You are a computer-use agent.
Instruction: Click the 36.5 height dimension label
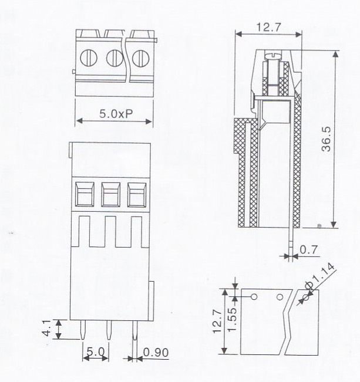(x=326, y=139)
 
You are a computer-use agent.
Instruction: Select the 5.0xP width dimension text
(x=116, y=113)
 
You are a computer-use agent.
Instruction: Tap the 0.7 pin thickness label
(x=309, y=250)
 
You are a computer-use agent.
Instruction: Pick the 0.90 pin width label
(x=156, y=353)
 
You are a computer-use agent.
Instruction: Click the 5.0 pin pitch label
(x=96, y=352)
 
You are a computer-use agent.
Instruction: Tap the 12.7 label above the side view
(x=269, y=27)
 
